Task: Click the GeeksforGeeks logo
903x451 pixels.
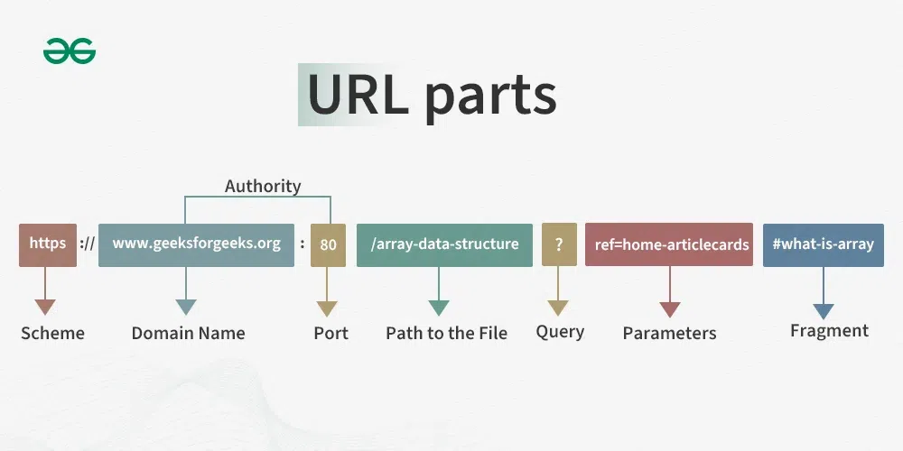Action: click(70, 52)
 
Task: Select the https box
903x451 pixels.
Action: click(48, 244)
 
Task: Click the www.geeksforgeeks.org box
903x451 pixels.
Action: click(196, 244)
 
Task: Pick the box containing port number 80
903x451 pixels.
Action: click(328, 244)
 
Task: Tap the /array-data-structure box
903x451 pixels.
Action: click(444, 244)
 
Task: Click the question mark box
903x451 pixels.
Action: click(559, 244)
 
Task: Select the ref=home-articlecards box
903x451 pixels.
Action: click(668, 244)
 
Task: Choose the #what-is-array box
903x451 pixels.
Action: click(823, 244)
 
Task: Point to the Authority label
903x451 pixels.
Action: click(263, 187)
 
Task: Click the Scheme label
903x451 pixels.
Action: click(52, 333)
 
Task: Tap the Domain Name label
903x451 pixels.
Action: click(188, 333)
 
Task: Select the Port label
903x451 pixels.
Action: click(330, 333)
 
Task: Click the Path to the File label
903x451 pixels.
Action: click(446, 333)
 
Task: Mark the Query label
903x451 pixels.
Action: click(560, 331)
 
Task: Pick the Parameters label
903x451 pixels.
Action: click(669, 333)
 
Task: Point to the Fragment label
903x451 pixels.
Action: click(829, 330)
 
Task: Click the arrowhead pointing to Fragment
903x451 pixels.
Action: click(823, 311)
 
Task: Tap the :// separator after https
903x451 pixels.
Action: click(87, 244)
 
